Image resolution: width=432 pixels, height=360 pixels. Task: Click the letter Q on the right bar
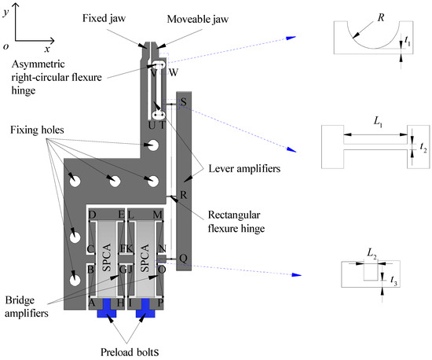point(183,258)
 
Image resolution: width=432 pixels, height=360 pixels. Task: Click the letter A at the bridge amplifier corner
point(93,302)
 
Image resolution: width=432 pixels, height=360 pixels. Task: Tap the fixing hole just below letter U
point(154,145)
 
